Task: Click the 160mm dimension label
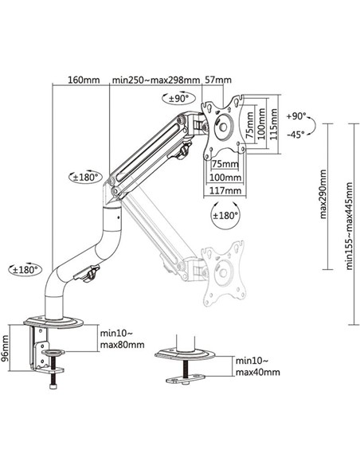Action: coord(84,80)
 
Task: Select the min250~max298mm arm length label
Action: coord(156,80)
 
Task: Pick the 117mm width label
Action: coord(227,190)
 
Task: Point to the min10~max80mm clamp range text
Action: coord(122,339)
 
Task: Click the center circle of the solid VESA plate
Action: coord(223,125)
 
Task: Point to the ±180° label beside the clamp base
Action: coord(25,270)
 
